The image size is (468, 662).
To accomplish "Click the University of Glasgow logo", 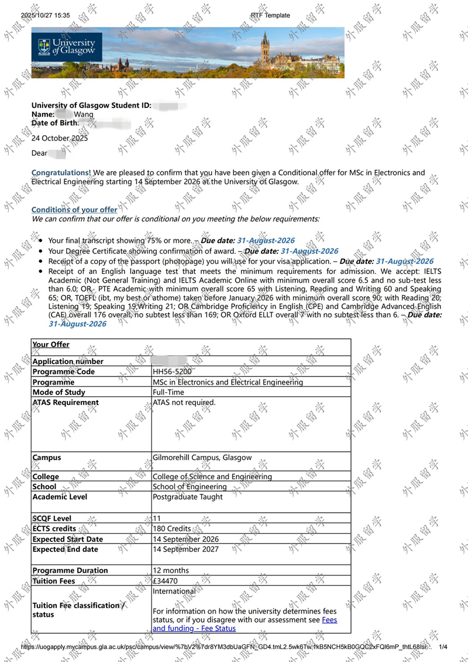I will point(67,47).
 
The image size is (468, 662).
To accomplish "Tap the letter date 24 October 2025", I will point(60,139).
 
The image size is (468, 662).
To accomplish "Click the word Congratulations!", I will point(61,173).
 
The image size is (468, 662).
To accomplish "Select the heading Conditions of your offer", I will point(74,210).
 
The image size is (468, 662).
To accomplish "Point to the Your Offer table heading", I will point(51,345).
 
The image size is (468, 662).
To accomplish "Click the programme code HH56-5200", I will point(172,372).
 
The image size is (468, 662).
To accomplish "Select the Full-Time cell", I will point(168,392).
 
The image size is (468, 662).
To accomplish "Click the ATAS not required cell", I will point(184,403).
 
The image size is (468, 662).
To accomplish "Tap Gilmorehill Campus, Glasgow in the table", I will point(202,458).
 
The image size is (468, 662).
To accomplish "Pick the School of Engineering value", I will point(190,486).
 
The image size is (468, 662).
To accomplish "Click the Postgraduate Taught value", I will point(187,497).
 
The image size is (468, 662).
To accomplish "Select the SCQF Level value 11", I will point(157,519).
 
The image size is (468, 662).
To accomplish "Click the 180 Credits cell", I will point(172,529).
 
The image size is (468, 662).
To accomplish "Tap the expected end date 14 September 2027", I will point(185,550).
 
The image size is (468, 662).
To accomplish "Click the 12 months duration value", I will point(171,571).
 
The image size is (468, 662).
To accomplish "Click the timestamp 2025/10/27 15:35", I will point(45,15).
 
